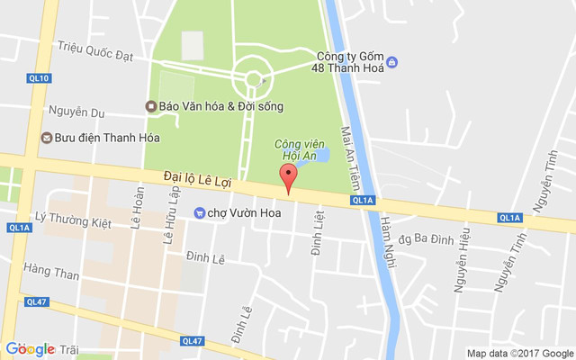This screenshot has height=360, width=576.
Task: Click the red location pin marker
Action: (x=288, y=177)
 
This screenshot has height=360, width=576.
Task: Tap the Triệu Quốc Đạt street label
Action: (x=94, y=49)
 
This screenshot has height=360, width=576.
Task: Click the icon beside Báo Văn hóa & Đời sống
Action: (x=152, y=106)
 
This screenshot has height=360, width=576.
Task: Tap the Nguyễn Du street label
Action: (x=78, y=112)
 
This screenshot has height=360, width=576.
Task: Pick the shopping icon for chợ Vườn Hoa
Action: (x=199, y=212)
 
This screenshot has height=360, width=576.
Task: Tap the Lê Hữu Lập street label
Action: (x=167, y=222)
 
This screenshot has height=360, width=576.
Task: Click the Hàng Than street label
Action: (x=52, y=270)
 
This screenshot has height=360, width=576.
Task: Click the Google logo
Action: (x=30, y=349)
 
